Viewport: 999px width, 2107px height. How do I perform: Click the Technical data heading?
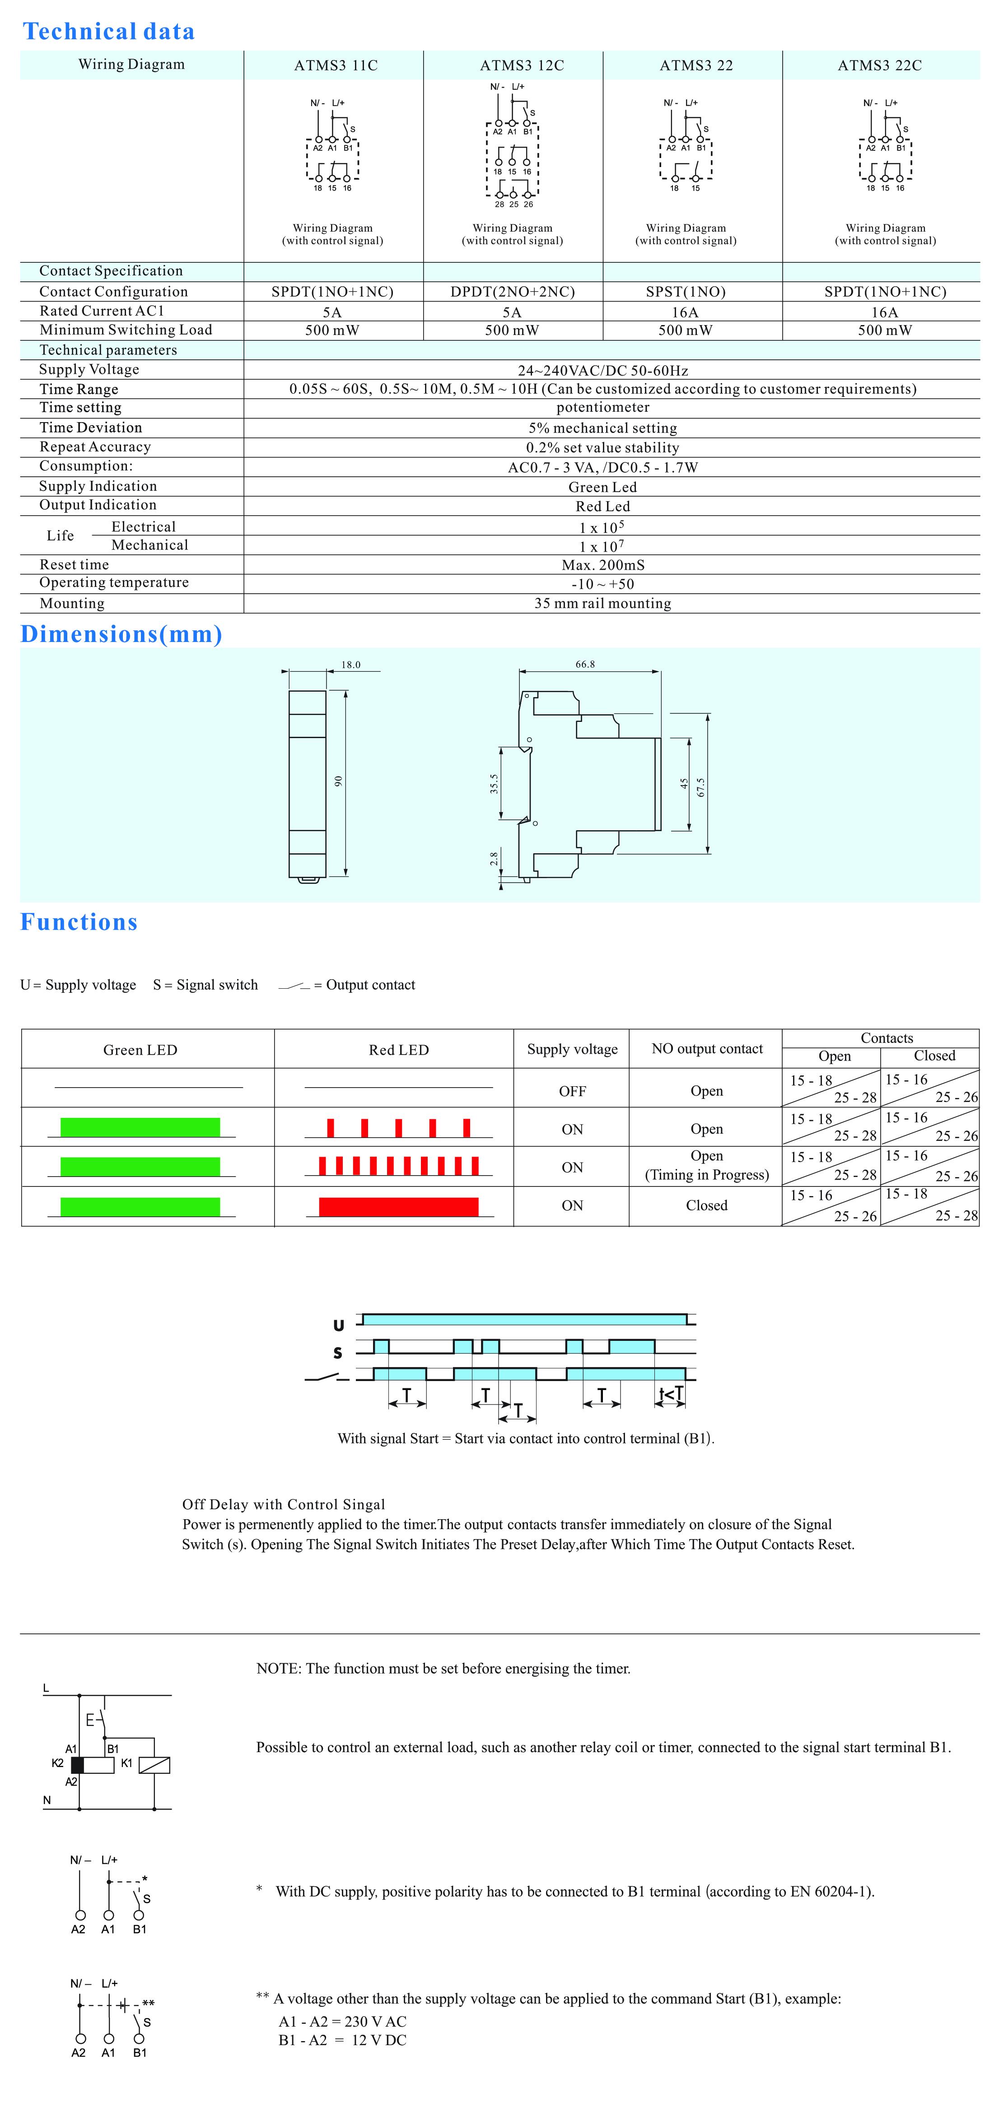click(x=109, y=31)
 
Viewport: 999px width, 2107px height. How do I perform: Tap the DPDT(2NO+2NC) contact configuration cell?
click(x=512, y=292)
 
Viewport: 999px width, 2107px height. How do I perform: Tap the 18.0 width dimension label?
click(x=351, y=665)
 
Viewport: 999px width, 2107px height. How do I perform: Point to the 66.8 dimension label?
click(x=585, y=664)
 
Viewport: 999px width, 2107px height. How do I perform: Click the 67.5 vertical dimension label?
click(x=700, y=787)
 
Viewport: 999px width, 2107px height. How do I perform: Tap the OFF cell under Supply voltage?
click(x=572, y=1091)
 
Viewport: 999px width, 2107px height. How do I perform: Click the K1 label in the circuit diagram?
click(x=127, y=1763)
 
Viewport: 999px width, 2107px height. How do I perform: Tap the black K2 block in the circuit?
click(x=78, y=1764)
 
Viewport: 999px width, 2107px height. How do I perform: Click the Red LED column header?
click(x=398, y=1050)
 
